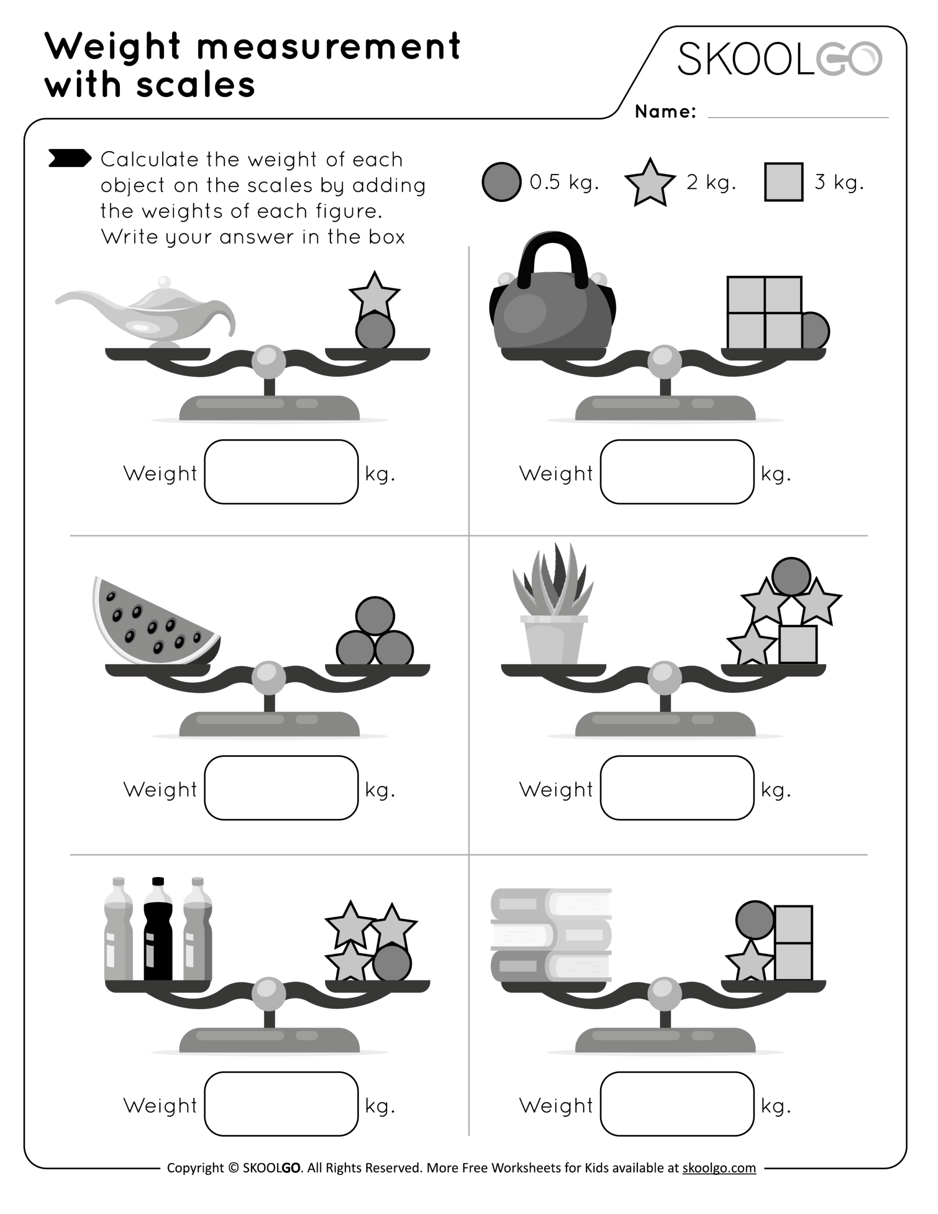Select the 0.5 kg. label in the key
pos(564,182)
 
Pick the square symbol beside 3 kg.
pos(783,182)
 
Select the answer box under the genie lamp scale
pos(281,472)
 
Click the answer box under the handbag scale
pos(677,472)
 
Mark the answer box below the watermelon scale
pos(281,788)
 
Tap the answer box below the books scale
pos(677,1104)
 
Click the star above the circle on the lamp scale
pos(374,294)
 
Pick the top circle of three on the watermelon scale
pos(375,616)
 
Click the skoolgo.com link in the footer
pos(719,1168)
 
